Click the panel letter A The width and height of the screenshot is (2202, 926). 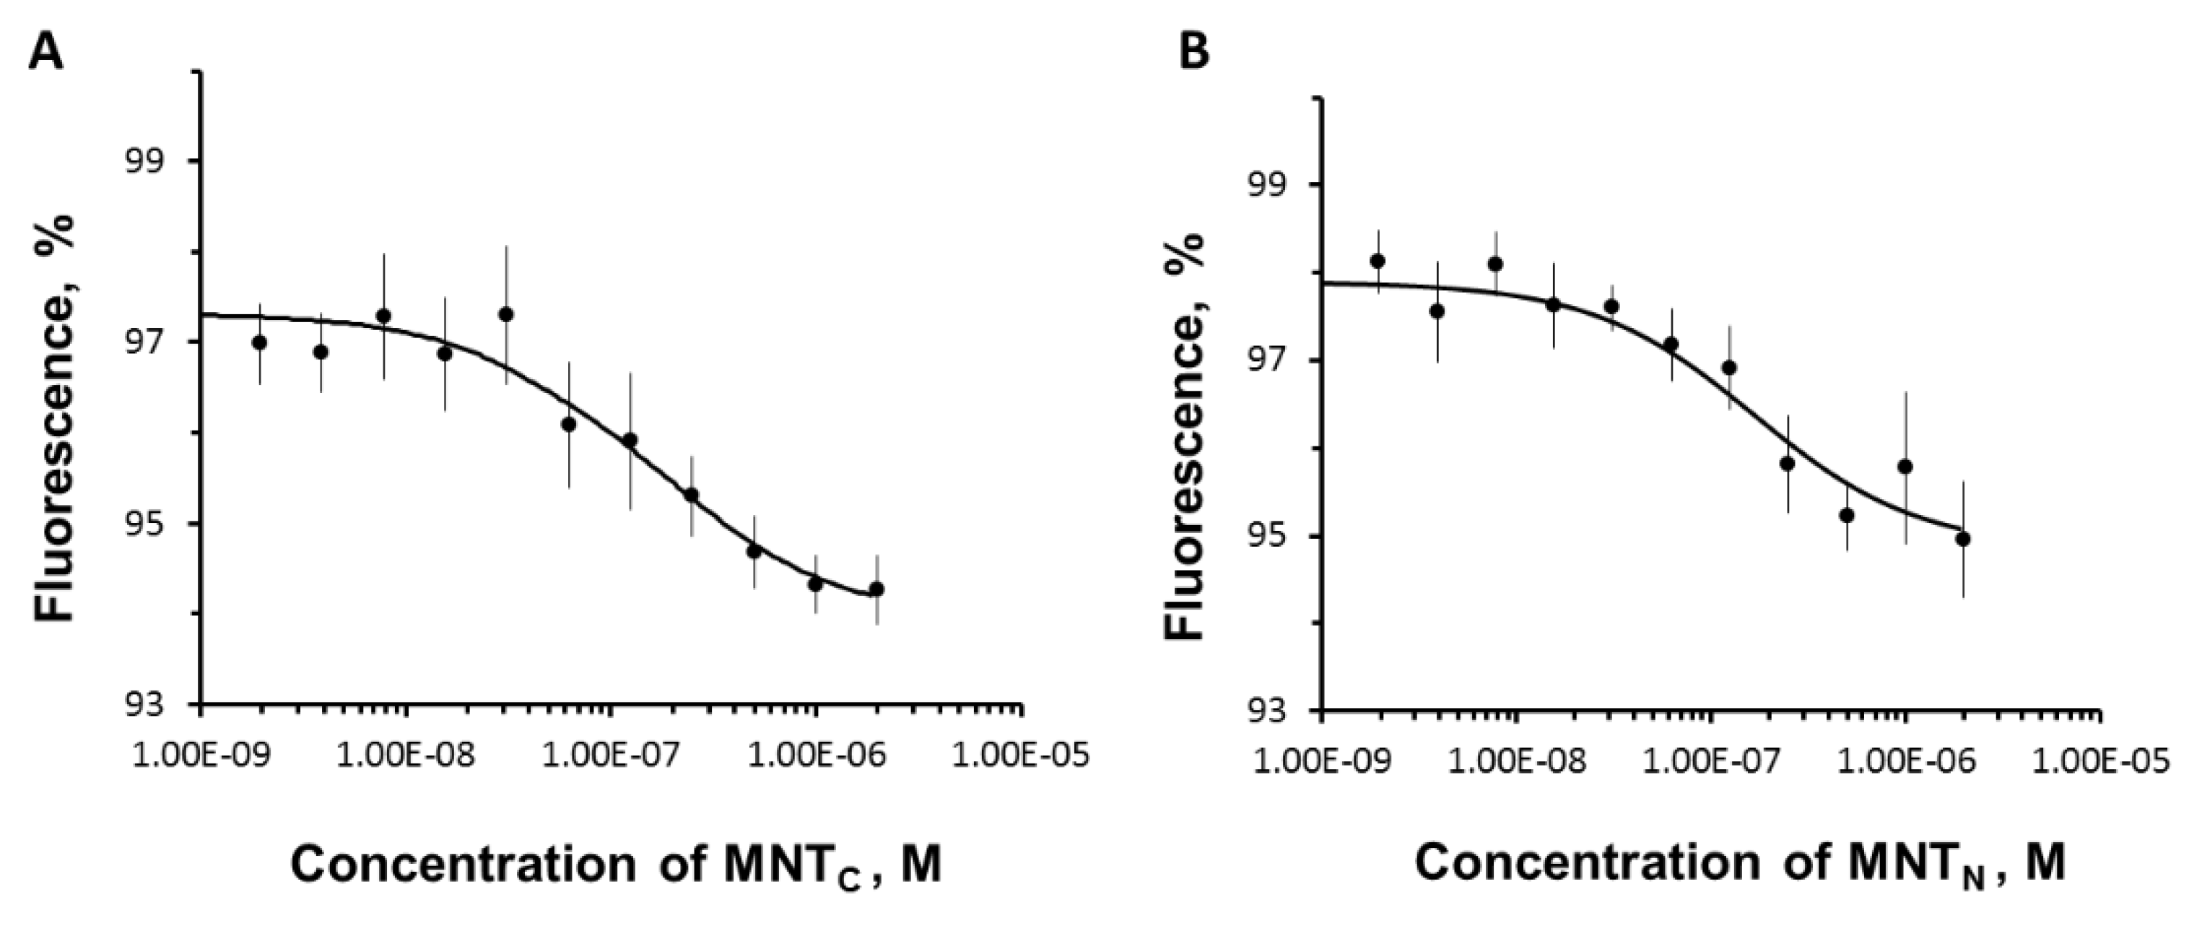[46, 53]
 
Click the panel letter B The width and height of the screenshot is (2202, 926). [1193, 53]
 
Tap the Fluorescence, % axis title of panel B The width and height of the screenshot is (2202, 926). [1185, 436]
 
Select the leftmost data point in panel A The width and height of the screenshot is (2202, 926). [260, 342]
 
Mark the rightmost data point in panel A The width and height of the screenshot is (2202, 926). [876, 589]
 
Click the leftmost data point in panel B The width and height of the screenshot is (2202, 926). [1377, 261]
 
